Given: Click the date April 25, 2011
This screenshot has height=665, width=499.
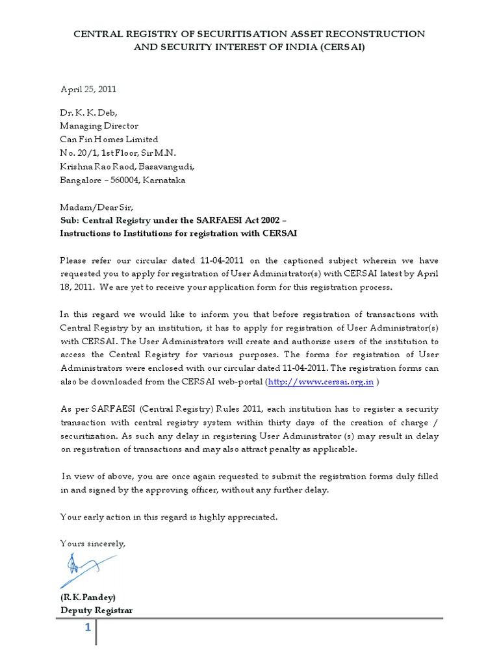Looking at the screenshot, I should tap(88, 89).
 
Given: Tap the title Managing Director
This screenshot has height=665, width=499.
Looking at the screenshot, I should tap(99, 126).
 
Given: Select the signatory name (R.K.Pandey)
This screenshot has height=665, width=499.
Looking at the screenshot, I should tap(88, 597).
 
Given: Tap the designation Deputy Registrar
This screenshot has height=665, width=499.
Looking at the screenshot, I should tap(97, 610).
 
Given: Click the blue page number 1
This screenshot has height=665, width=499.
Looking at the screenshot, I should tap(87, 629).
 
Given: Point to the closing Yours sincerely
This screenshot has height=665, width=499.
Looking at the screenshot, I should tap(92, 543).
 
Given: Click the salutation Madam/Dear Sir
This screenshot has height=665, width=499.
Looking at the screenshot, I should tap(96, 207).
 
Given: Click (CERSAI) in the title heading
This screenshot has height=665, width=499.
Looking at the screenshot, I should tap(339, 48).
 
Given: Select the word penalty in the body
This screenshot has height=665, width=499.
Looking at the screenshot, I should tap(288, 449).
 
